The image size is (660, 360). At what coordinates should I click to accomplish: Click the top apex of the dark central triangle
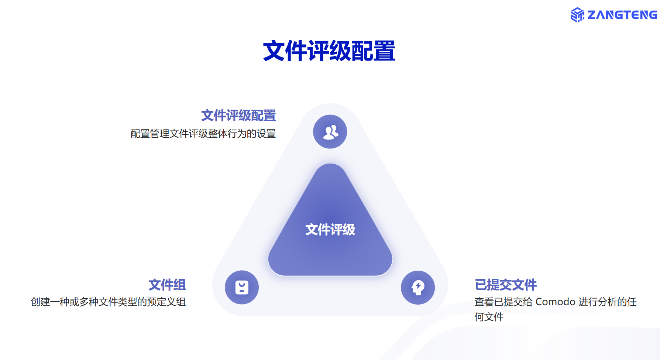point(330,164)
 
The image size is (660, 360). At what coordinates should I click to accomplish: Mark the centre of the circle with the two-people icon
point(330,132)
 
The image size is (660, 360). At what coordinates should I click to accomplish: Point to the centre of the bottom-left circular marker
point(242,287)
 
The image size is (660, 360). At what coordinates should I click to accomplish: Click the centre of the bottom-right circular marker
point(418,288)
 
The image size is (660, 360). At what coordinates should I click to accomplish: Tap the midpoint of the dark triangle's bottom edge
point(330,275)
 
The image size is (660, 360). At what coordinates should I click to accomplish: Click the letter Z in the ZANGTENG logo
point(592,15)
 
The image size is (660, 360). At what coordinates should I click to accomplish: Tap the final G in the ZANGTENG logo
point(653,15)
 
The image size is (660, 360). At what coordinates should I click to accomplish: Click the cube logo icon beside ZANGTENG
point(577,15)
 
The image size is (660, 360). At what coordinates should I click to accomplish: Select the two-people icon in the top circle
point(330,132)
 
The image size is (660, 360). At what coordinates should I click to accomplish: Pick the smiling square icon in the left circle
point(242,287)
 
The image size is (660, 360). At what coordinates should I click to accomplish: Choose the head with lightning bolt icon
point(418,288)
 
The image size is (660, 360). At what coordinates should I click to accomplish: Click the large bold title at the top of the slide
point(329,51)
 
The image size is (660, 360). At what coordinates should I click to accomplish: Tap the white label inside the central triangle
point(330,230)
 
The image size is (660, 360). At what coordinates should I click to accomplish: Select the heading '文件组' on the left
point(167,285)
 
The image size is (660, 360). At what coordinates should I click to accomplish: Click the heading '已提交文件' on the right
point(506,285)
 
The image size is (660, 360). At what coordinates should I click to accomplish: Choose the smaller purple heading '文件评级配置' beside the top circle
point(238,116)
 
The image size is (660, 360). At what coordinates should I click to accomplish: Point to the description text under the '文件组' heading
point(108,302)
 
